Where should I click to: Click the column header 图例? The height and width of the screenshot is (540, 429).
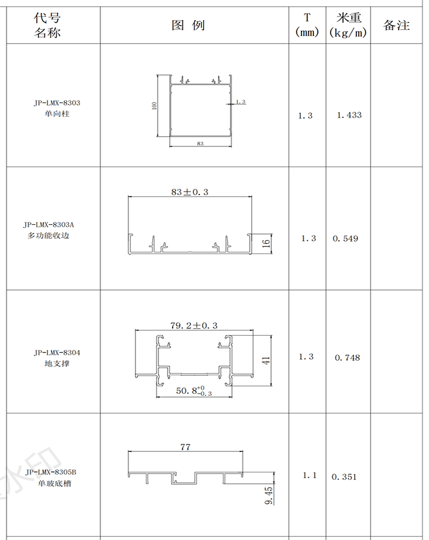(x=188, y=25)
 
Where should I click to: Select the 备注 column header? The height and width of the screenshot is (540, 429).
(x=396, y=25)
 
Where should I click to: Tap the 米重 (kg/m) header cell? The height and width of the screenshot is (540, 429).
(x=348, y=25)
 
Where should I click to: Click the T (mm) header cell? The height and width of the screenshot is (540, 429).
(x=307, y=25)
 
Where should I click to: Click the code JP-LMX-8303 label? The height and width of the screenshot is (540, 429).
(x=57, y=102)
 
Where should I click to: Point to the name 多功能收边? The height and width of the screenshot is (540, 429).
(x=49, y=236)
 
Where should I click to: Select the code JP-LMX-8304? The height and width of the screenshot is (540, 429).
(x=57, y=352)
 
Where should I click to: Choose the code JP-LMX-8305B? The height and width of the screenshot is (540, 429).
(x=51, y=472)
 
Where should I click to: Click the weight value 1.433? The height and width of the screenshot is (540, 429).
(x=349, y=115)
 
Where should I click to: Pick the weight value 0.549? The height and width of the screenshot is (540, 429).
(x=345, y=239)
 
